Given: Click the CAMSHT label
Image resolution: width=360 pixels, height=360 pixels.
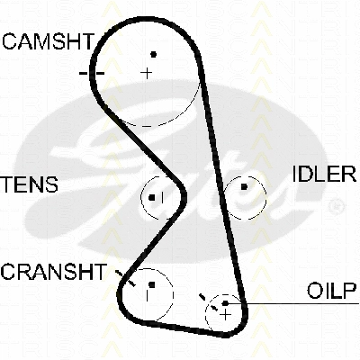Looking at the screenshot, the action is tap(49, 41).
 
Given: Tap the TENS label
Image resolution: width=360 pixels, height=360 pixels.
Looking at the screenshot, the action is tap(29, 184).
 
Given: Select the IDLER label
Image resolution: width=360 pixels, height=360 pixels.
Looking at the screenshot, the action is tap(324, 174).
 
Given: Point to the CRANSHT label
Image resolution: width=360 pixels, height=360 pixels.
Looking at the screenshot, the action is tap(54, 272).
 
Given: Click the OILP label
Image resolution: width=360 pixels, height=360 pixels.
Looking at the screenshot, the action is tap(331, 291).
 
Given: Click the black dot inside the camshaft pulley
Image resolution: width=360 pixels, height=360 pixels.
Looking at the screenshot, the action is tap(154, 54).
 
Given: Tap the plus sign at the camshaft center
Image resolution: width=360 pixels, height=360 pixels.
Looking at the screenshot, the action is tap(147, 73).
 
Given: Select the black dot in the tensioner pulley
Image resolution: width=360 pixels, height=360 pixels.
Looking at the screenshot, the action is tap(152, 198).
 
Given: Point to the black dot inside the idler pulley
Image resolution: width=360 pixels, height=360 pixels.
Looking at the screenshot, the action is tap(244, 187).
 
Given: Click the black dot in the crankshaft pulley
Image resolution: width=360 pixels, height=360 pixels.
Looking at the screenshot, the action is tap(152, 284).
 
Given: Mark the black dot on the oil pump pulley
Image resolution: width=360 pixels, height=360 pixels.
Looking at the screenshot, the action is tap(225, 303).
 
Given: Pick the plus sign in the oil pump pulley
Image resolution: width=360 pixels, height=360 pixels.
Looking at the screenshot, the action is tap(225, 315).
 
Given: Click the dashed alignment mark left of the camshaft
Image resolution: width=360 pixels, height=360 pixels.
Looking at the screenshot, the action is tap(92, 73).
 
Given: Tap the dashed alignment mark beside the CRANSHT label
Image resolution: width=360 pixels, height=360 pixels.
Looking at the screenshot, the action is tap(126, 278).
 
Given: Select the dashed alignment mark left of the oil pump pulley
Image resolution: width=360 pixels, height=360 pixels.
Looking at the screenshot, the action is tap(209, 302).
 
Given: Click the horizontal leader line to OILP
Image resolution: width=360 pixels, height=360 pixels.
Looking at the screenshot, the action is tap(293, 303).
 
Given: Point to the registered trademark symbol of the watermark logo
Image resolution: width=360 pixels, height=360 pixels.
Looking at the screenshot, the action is tap(337, 206).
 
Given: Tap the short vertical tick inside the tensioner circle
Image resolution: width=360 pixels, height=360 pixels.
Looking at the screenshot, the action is tap(162, 197).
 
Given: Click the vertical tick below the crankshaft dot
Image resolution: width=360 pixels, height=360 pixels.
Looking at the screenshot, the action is tap(147, 295).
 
